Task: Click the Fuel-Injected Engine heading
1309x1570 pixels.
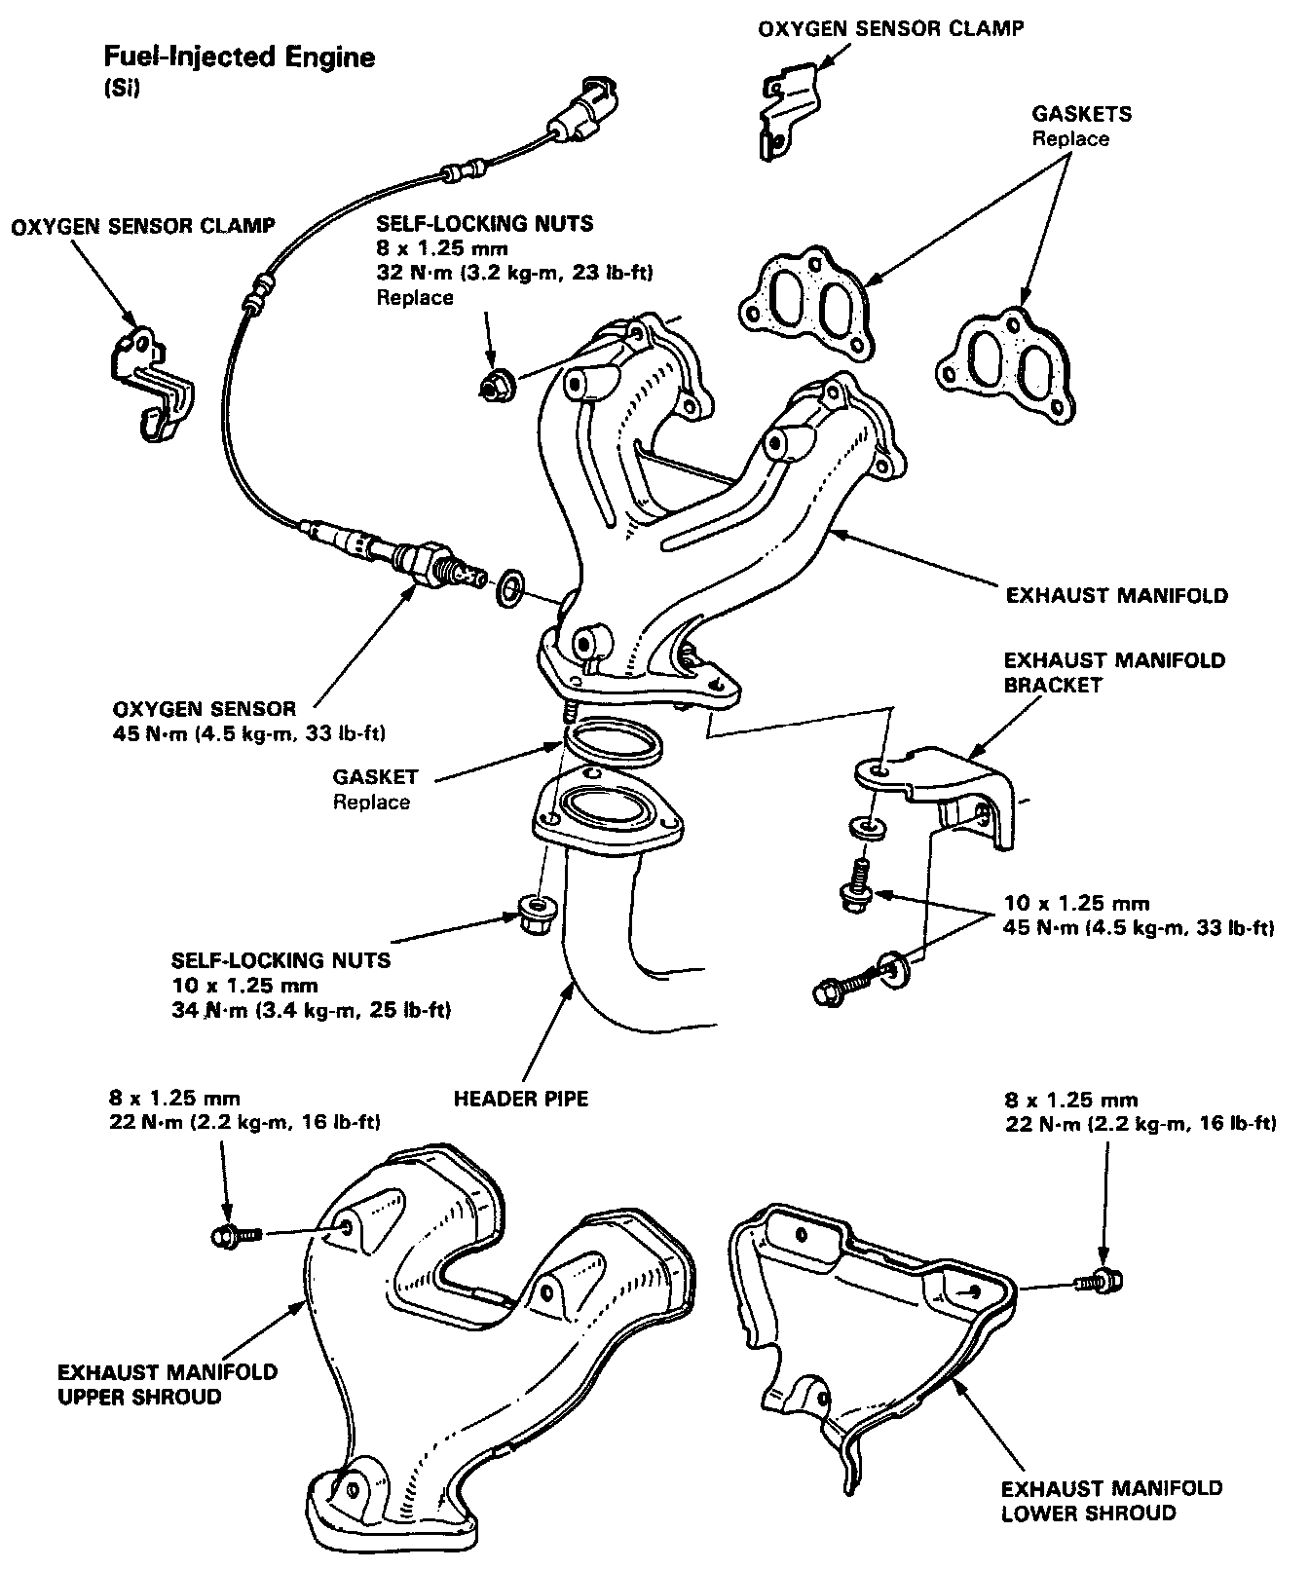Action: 240,57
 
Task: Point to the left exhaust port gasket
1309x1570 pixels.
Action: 804,301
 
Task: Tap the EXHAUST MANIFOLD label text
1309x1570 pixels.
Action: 1116,594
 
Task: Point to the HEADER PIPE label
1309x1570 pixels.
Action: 521,1099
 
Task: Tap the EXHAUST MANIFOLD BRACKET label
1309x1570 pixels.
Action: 1114,672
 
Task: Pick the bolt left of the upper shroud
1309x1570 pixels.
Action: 235,1235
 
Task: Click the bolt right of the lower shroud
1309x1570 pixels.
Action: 1099,1282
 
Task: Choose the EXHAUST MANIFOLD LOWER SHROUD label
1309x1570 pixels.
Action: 1110,1501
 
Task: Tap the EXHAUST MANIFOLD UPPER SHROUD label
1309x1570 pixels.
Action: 168,1384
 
